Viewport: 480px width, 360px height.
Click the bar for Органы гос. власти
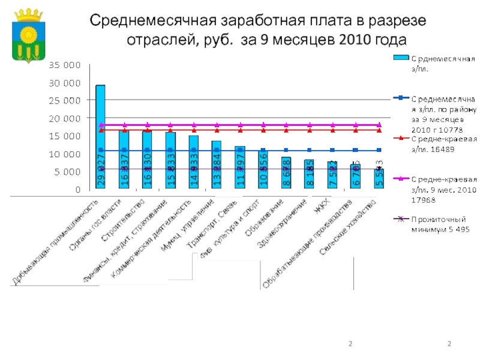coord(124,160)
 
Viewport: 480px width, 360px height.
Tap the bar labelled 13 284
coord(217,165)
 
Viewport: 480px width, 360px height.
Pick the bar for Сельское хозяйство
coord(379,179)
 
